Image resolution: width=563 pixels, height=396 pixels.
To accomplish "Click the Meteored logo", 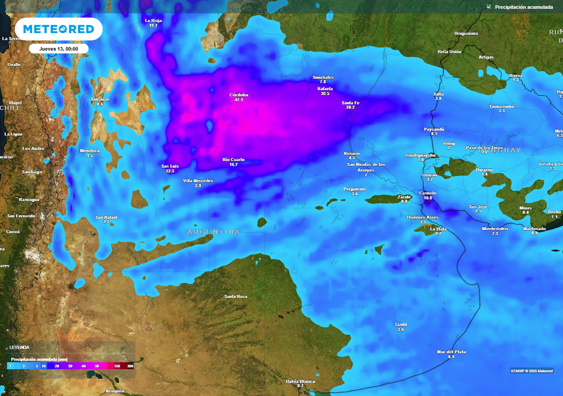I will (x=58, y=29).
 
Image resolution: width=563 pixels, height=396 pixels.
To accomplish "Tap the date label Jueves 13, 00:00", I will (x=59, y=48).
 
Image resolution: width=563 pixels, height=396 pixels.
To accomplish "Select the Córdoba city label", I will (x=239, y=95).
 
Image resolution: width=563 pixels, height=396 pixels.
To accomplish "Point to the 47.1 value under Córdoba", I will (x=239, y=100).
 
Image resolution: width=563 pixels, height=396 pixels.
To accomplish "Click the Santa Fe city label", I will (x=350, y=102).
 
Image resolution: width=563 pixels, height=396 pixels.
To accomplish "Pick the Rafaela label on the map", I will (x=325, y=89).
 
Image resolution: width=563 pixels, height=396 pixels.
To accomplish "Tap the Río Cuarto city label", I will (x=234, y=159).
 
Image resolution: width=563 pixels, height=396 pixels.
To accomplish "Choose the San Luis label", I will (x=169, y=166).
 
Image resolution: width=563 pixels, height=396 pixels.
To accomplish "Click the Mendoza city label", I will (x=90, y=151).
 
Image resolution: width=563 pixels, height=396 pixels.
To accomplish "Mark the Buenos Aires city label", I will (x=422, y=217).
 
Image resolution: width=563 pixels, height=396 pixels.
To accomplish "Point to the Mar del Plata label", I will (x=451, y=351).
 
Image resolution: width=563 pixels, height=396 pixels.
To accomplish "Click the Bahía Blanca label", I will (x=300, y=381).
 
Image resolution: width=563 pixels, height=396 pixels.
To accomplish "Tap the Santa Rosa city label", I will (x=236, y=296).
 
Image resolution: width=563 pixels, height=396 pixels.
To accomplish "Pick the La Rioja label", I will (x=153, y=20).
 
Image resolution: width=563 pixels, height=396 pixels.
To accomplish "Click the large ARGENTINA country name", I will (x=214, y=232).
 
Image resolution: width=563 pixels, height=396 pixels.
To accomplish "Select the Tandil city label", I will (x=401, y=324).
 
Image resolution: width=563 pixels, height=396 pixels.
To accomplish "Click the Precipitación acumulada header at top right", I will (x=524, y=7).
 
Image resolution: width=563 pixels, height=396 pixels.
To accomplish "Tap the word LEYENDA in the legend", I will (x=19, y=348).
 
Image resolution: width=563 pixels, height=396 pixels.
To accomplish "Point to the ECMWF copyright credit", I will (x=532, y=370).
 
